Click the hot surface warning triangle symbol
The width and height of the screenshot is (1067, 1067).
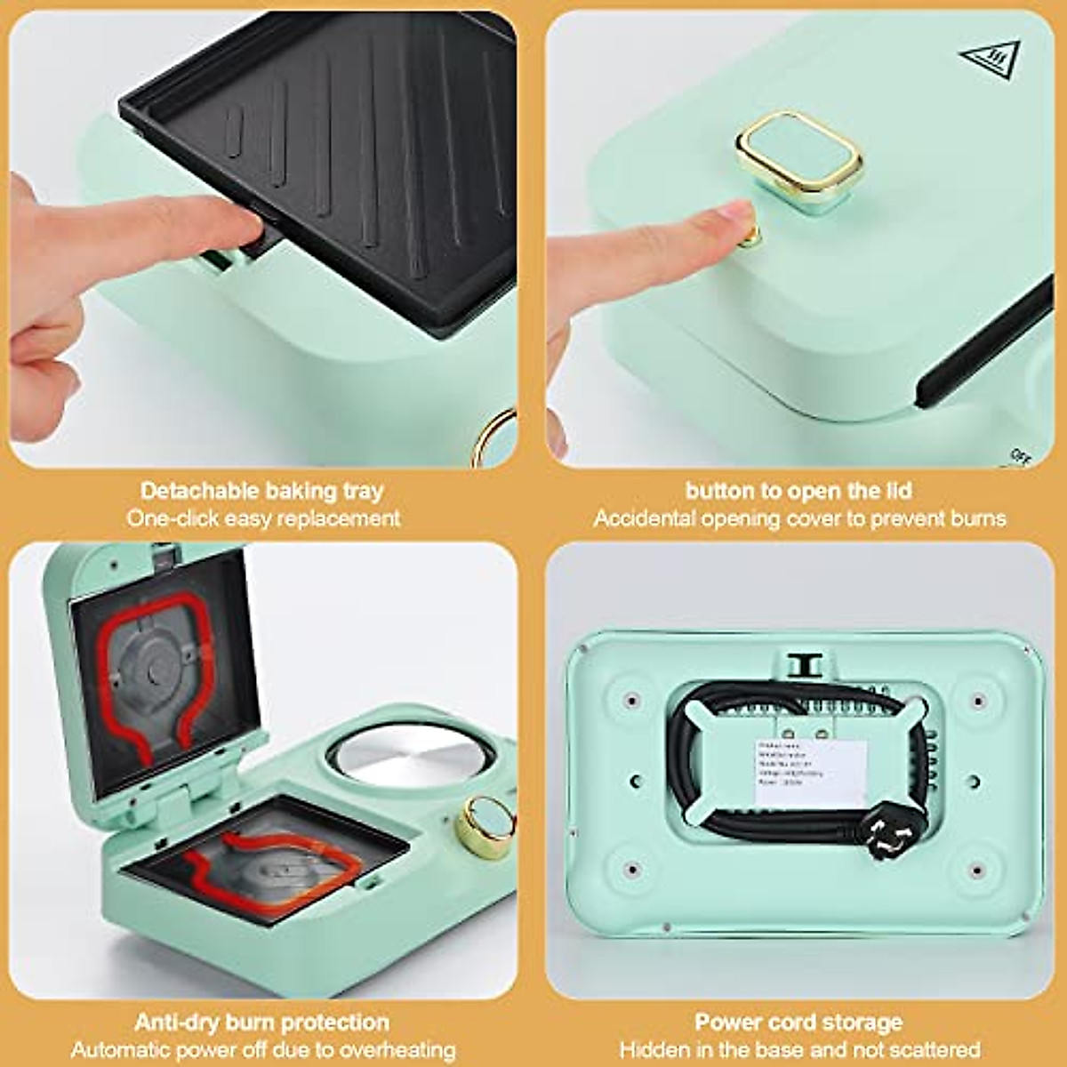[990, 60]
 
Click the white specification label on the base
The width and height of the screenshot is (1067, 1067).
[810, 772]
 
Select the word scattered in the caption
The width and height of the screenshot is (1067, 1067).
[934, 1050]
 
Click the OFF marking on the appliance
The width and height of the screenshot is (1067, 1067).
[1019, 456]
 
